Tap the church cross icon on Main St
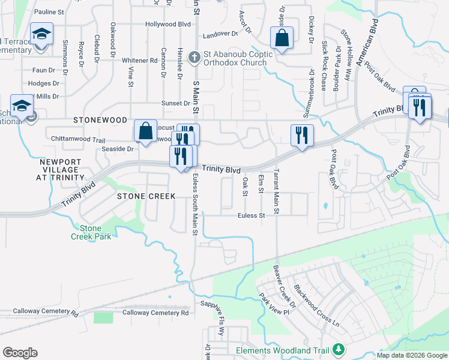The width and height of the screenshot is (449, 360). point(193,58)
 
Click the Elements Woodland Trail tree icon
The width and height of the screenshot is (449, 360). point(339,349)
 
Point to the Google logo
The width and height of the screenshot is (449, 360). point(20,353)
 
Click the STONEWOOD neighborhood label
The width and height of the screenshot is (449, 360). point(101,120)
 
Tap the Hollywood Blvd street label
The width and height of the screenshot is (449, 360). point(168,24)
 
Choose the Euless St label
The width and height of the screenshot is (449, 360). point(251,215)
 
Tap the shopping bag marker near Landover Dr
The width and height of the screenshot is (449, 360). point(282,38)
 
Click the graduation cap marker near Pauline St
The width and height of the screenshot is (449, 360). point(41,34)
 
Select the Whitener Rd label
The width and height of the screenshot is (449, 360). point(139,61)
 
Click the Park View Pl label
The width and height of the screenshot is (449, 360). point(274,304)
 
